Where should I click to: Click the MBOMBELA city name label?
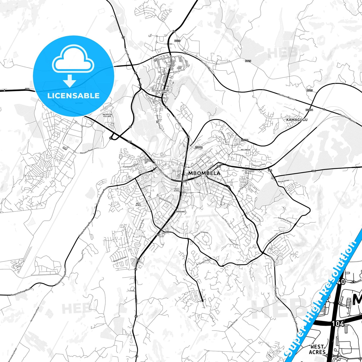coord(204,173)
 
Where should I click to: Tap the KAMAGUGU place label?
coord(297,120)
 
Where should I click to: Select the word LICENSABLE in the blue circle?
coord(73,96)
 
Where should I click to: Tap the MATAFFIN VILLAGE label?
coord(107,115)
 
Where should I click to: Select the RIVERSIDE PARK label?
coord(164,91)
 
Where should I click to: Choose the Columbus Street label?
coord(285,220)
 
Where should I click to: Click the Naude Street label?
coord(283,180)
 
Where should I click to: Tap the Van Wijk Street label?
coord(226,222)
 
